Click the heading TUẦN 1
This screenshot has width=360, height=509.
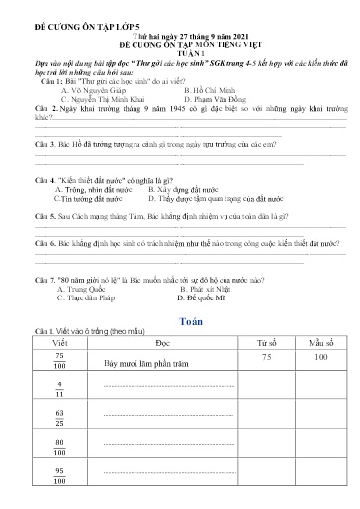click(x=180, y=55)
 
